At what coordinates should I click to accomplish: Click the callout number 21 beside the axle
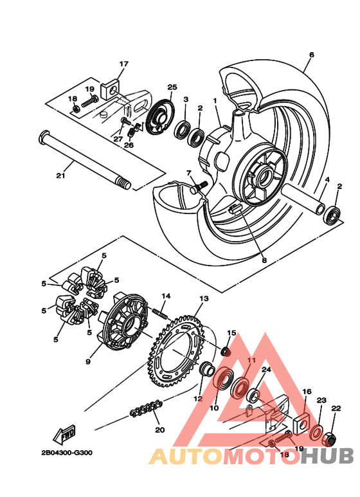[60, 176]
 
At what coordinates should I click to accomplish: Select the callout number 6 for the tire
[311, 55]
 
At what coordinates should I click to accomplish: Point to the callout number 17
[123, 64]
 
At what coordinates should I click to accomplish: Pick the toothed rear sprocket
[181, 351]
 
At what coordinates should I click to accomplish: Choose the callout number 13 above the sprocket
[204, 299]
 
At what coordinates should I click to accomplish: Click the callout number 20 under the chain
[159, 430]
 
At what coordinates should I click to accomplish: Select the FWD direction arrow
[68, 437]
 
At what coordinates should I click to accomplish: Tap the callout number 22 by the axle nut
[335, 408]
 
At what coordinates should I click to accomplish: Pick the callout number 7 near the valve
[190, 174]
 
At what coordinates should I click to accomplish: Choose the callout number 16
[307, 392]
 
